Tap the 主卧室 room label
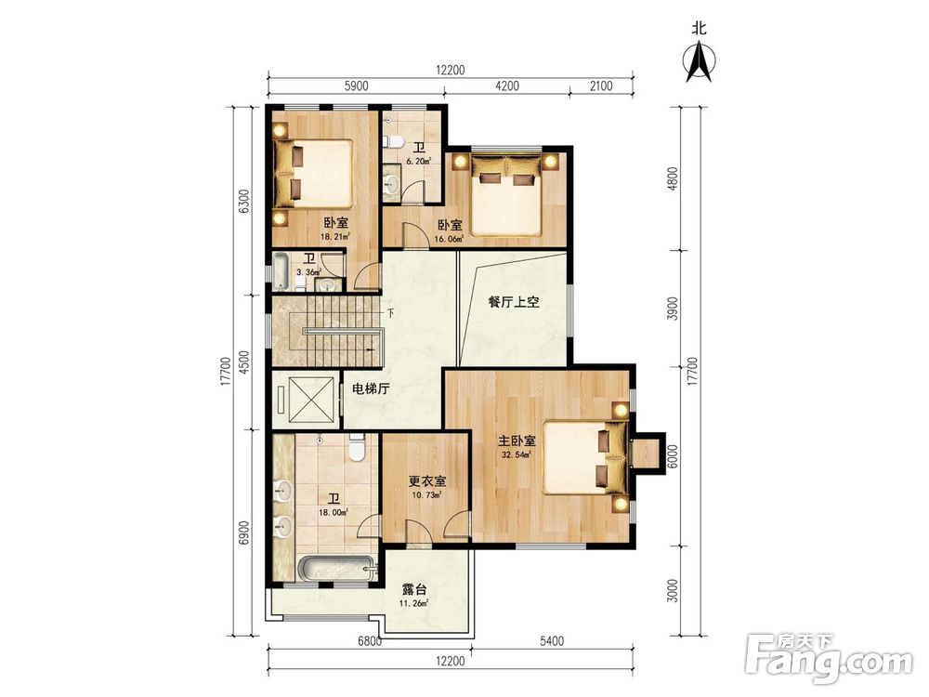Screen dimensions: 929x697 pyautogui.click(x=516, y=441)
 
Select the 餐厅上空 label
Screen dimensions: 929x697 pyautogui.click(x=513, y=302)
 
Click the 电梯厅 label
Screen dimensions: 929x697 pyautogui.click(x=371, y=388)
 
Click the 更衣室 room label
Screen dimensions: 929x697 pyautogui.click(x=427, y=481)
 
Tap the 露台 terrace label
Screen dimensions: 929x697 pyautogui.click(x=414, y=590)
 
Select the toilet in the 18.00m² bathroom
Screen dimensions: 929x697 pyautogui.click(x=357, y=448)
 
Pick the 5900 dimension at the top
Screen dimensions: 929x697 pyautogui.click(x=356, y=85)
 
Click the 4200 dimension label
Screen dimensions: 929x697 pyautogui.click(x=506, y=85)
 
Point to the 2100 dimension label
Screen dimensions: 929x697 pyautogui.click(x=600, y=85)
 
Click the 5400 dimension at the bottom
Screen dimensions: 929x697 pyautogui.click(x=552, y=641)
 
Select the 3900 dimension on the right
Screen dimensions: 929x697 pyautogui.click(x=672, y=309)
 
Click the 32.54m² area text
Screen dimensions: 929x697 pyautogui.click(x=516, y=455)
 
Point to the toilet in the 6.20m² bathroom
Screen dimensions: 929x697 pyautogui.click(x=395, y=141)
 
